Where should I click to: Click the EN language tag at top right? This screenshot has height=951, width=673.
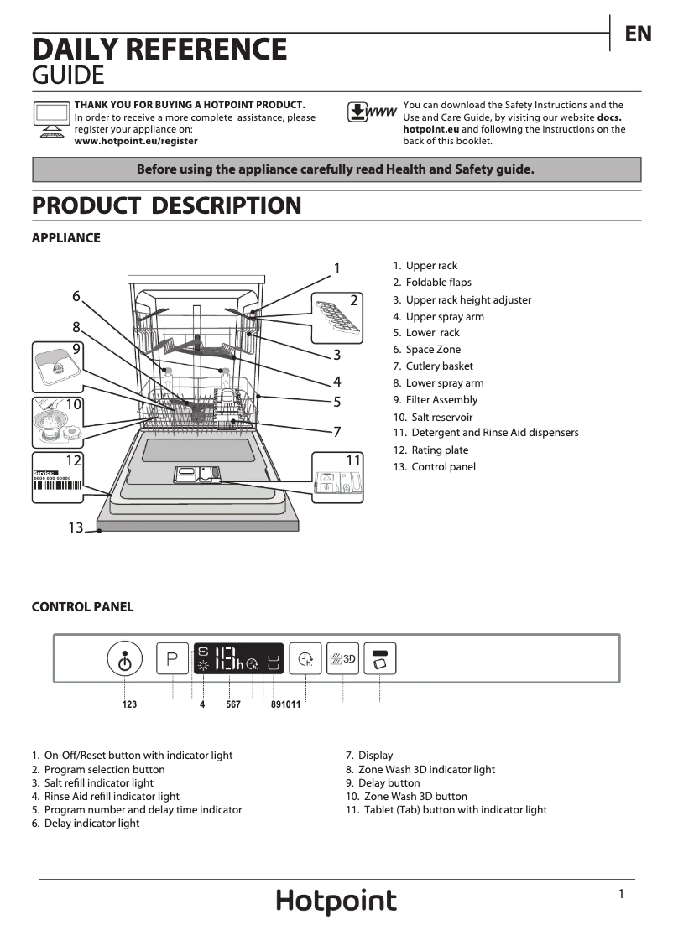tap(639, 34)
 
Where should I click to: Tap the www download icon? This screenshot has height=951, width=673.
tap(371, 112)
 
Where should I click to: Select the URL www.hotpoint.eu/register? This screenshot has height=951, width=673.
tap(136, 142)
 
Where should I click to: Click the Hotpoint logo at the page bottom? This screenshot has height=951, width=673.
tap(336, 902)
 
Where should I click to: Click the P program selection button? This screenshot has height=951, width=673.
tap(173, 659)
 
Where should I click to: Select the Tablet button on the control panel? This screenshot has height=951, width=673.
tap(380, 659)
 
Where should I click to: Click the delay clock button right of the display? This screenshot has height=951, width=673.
tap(305, 659)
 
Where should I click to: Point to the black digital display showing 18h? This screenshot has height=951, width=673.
tap(239, 659)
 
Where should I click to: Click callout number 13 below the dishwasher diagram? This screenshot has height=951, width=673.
tap(76, 527)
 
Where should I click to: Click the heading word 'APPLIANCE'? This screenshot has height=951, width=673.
tap(65, 238)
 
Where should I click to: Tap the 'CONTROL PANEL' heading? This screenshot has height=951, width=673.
tap(82, 607)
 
